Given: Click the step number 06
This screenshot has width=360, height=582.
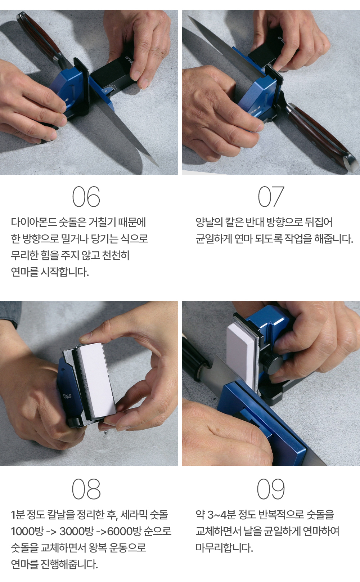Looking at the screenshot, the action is pyautogui.click(x=86, y=197).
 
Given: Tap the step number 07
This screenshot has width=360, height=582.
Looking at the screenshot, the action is pyautogui.click(x=271, y=197).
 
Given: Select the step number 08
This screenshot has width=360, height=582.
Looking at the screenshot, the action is pyautogui.click(x=86, y=489).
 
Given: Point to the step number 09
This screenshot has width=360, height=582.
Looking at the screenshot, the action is pyautogui.click(x=271, y=489).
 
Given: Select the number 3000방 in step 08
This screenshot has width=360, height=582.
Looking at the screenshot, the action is pyautogui.click(x=76, y=531).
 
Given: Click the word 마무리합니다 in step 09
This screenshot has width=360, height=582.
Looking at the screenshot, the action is pyautogui.click(x=224, y=547).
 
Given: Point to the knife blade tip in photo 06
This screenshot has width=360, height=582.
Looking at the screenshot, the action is pyautogui.click(x=158, y=166).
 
